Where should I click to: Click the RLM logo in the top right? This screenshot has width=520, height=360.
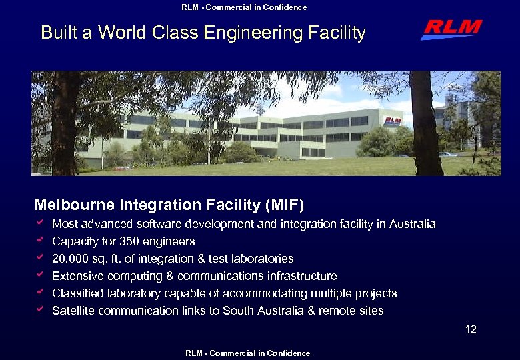[x=451, y=30]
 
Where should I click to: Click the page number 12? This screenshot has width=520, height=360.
[x=471, y=329]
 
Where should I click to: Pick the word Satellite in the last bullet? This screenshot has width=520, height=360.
[x=73, y=311]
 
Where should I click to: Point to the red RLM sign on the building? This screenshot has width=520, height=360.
[x=393, y=121]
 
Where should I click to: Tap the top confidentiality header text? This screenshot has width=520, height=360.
[x=244, y=7]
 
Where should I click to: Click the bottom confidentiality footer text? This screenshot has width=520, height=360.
[x=248, y=353]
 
